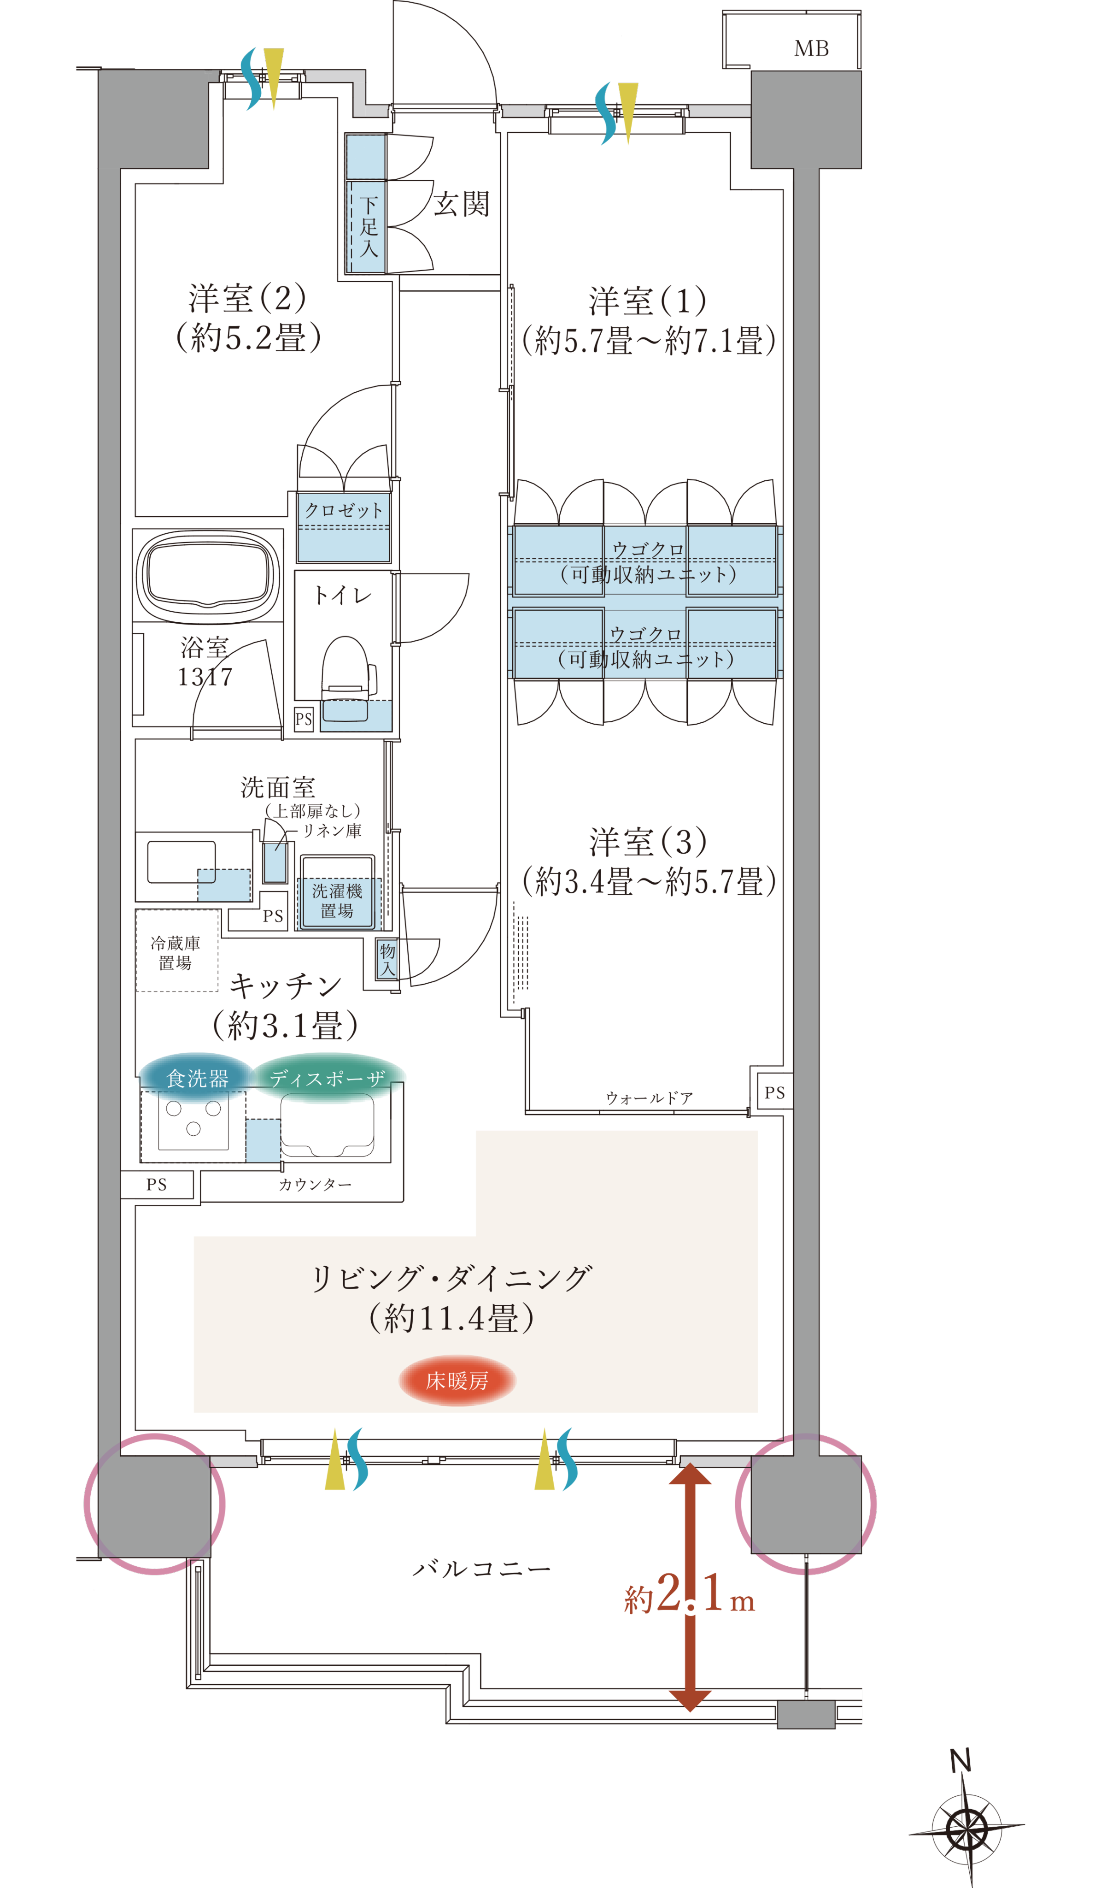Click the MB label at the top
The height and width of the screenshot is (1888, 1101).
click(x=811, y=49)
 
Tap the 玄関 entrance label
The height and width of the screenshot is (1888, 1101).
click(x=462, y=204)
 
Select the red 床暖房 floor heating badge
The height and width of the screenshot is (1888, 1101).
click(x=457, y=1380)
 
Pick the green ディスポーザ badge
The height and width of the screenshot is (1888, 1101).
click(x=328, y=1078)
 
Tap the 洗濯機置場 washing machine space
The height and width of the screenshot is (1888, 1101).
click(x=337, y=892)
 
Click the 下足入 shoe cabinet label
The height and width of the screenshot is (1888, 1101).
click(x=369, y=226)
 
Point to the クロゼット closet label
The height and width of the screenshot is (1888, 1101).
click(x=343, y=510)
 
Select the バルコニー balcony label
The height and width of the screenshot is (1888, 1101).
click(x=481, y=1563)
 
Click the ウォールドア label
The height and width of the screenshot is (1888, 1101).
click(x=650, y=1097)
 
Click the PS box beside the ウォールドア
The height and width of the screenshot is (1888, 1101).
click(x=774, y=1092)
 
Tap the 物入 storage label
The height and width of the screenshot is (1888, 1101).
click(x=387, y=960)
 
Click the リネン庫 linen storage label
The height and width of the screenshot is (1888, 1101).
click(x=332, y=830)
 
